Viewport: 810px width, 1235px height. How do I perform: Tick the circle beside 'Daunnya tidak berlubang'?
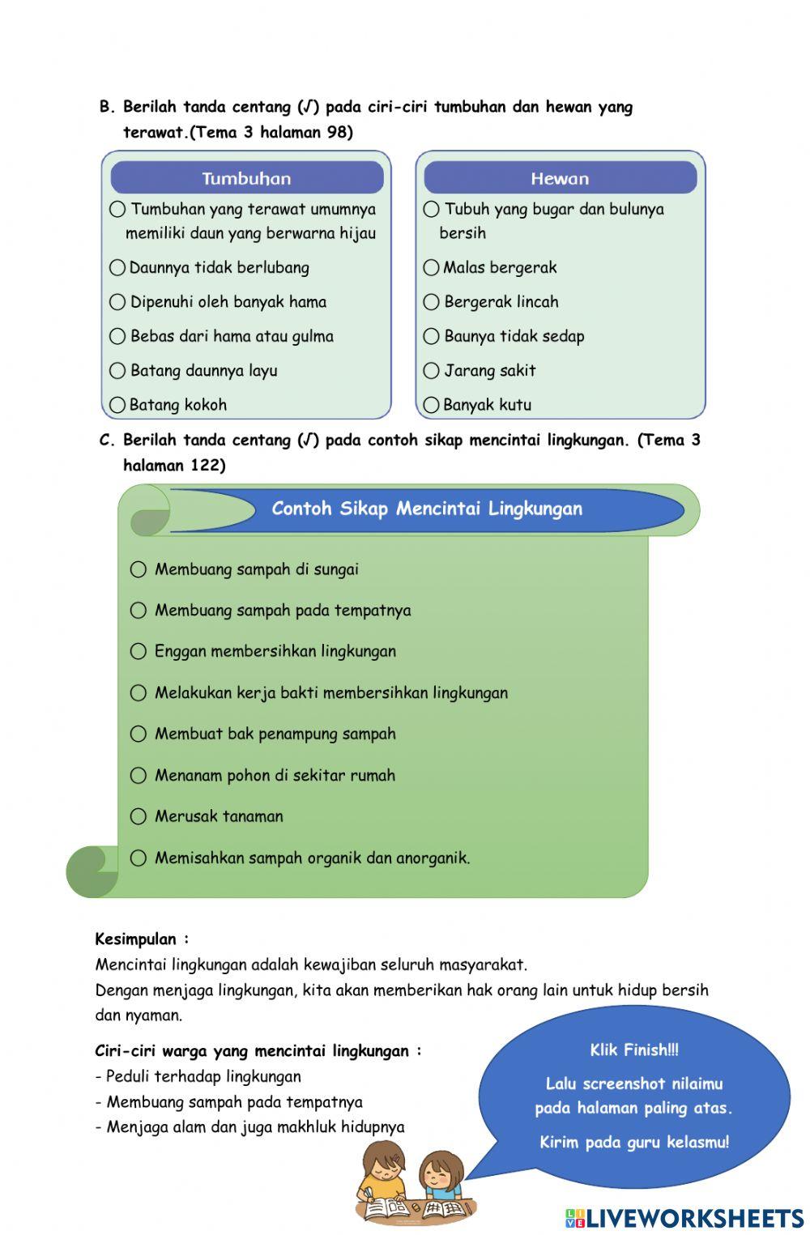[x=117, y=267]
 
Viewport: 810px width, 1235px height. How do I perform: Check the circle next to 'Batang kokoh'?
[x=117, y=404]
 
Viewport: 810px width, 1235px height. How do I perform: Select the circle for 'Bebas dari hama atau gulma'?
[x=117, y=336]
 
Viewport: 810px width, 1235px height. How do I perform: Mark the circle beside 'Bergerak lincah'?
[x=431, y=302]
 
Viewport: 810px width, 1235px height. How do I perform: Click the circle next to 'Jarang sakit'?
[x=431, y=371]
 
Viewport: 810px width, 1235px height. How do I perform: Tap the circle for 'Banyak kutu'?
[x=431, y=404]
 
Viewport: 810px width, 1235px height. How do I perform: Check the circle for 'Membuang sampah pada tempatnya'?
[x=139, y=610]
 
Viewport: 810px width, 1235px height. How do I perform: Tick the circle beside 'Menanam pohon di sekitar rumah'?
[x=139, y=775]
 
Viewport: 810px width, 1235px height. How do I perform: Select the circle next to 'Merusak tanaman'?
[x=139, y=816]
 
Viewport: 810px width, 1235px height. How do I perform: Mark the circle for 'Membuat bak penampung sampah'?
[x=139, y=734]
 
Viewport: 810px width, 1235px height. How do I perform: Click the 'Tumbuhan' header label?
[x=246, y=178]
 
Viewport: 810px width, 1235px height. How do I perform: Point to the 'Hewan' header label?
[x=560, y=178]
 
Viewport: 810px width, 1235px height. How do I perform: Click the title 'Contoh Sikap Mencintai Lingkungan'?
[x=427, y=509]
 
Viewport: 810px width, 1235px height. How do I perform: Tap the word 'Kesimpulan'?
[x=136, y=939]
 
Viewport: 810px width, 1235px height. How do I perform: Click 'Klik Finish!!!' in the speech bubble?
[x=634, y=1050]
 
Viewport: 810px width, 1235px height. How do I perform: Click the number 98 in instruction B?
[x=337, y=132]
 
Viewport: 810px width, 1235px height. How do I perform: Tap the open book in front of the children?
[x=389, y=1208]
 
